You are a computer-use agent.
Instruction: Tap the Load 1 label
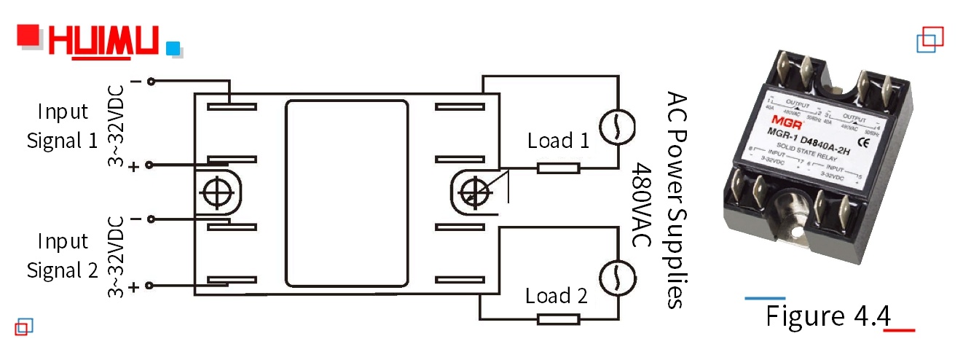point(559,141)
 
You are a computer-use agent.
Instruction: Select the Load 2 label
point(557,296)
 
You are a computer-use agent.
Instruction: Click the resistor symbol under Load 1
point(559,168)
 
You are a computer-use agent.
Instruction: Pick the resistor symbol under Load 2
point(559,318)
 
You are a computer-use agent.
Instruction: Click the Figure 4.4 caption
point(828,316)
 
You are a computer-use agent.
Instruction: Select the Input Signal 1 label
point(62,126)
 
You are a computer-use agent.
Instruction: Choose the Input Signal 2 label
point(62,256)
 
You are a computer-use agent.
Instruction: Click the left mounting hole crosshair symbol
point(216,192)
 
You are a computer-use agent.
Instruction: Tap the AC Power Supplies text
point(676,200)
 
